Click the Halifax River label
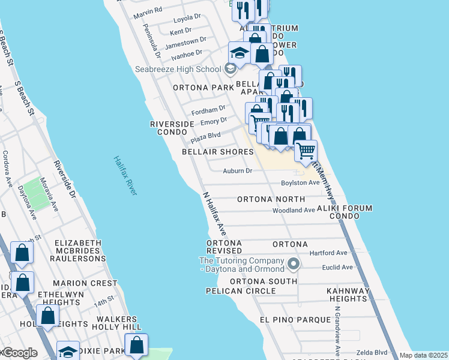coord(125,175)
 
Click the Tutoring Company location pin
coord(294,263)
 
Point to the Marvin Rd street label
coord(148,11)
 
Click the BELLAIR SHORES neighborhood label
coord(218,152)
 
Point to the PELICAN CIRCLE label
coord(241,290)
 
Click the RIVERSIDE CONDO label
coord(172,128)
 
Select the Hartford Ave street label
coord(328,253)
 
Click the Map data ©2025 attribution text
coord(423,355)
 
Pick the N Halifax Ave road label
coord(214,213)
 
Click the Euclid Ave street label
coord(338,267)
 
